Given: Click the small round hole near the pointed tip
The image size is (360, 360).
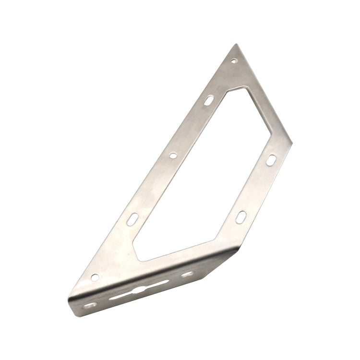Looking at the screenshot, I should tap(234, 61).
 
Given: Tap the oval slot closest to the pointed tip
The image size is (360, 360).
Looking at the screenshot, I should tap(209, 100).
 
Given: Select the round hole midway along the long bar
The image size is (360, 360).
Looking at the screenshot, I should tap(173, 155).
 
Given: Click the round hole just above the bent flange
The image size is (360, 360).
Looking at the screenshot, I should tap(95, 277).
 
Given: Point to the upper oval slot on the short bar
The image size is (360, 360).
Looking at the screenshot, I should tap(271, 160).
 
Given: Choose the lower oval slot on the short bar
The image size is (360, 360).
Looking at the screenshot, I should tap(240, 217).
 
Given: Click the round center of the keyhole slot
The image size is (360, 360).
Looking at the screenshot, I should tap(138, 290).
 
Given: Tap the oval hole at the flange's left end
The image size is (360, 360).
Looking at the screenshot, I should tap(88, 305).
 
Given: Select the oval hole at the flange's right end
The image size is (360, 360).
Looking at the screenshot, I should tap(187, 274).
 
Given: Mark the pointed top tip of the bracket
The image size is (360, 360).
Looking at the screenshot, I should tap(236, 45).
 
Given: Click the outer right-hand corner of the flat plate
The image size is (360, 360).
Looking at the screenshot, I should tap(291, 143).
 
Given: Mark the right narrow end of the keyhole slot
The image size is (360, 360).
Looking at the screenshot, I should tap(166, 282).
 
